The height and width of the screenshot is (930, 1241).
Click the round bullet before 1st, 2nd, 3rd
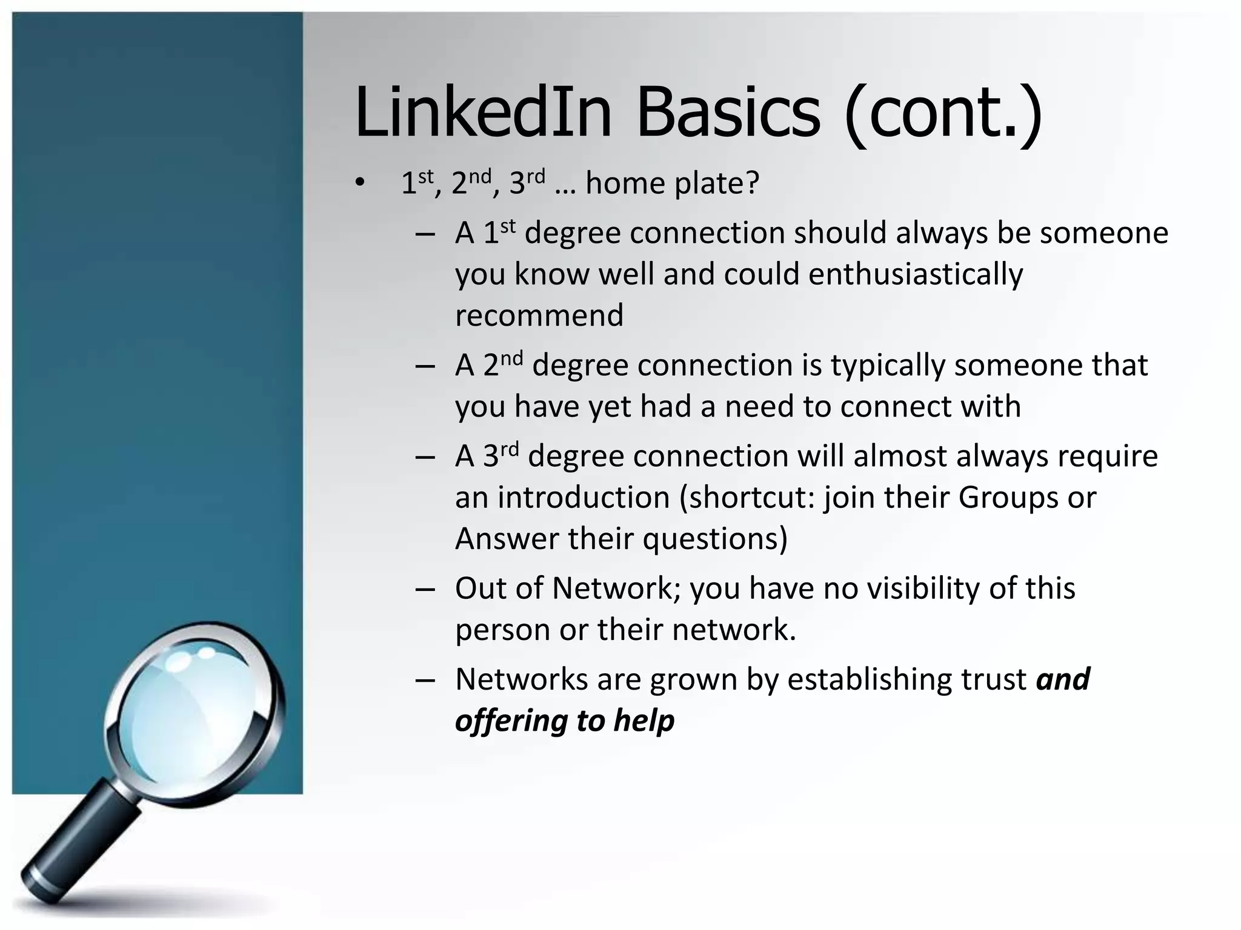pyautogui.click(x=361, y=183)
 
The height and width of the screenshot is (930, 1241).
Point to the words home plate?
pyautogui.click(x=672, y=183)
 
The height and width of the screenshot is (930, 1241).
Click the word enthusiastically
pyautogui.click(x=916, y=274)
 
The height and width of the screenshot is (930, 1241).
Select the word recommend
pyautogui.click(x=539, y=315)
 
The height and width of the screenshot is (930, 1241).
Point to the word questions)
pyautogui.click(x=714, y=539)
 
